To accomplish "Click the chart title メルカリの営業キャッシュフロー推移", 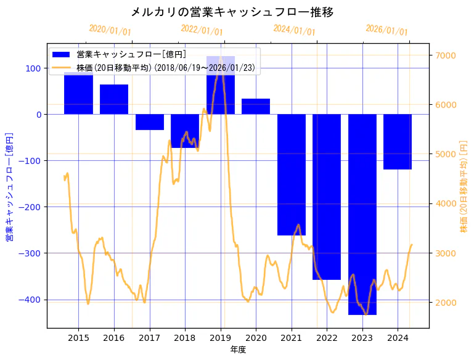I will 232,12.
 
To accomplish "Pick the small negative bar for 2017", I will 150,122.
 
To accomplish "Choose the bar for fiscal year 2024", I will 398,142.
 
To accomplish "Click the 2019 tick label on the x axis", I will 221,338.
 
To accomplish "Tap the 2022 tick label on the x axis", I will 327,338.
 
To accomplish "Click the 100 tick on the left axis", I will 35,68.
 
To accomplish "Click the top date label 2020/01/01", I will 110,30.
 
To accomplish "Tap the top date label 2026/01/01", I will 386,30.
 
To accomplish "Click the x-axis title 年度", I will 238,350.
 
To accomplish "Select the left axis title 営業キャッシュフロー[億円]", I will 9,186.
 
